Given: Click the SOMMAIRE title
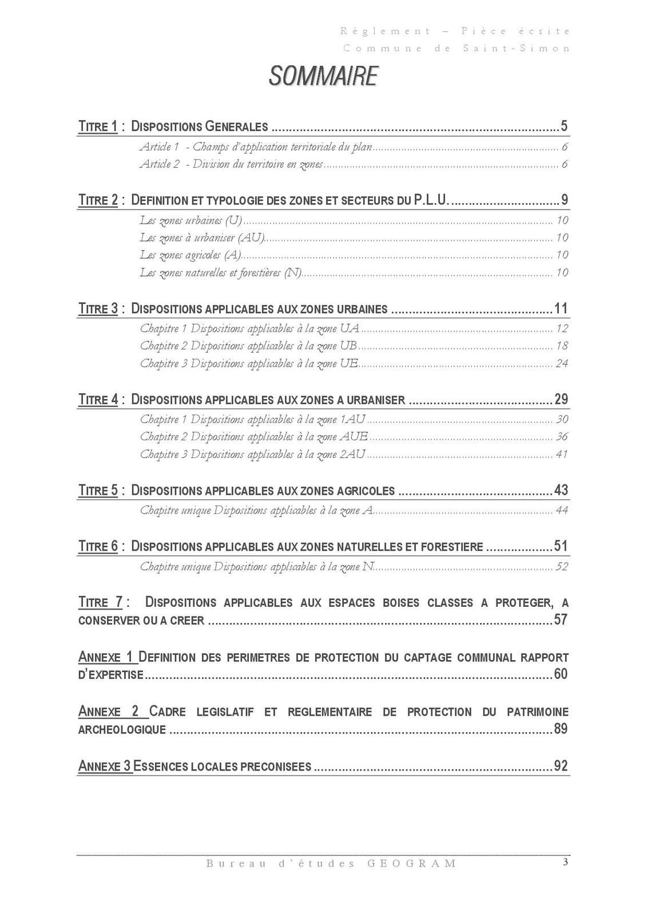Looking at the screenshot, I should (x=323, y=77).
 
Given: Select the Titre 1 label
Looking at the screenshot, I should (x=98, y=126).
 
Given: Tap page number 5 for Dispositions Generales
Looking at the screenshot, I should (x=563, y=126).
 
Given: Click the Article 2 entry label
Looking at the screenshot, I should (x=160, y=164).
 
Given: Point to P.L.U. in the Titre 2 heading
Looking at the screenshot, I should (x=430, y=200).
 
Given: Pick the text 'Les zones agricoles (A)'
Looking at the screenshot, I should (x=190, y=255).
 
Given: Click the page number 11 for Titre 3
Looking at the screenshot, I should (x=561, y=309).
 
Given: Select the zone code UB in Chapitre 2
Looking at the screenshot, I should (x=348, y=346).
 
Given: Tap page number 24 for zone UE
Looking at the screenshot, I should (x=561, y=364).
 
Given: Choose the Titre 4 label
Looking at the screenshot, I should (x=98, y=400).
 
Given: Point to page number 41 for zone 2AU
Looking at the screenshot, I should (x=561, y=455).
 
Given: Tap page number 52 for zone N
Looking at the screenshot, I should (x=561, y=567).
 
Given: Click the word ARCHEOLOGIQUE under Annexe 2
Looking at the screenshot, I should (x=122, y=730).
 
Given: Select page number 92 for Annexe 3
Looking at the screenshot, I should (x=561, y=766).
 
